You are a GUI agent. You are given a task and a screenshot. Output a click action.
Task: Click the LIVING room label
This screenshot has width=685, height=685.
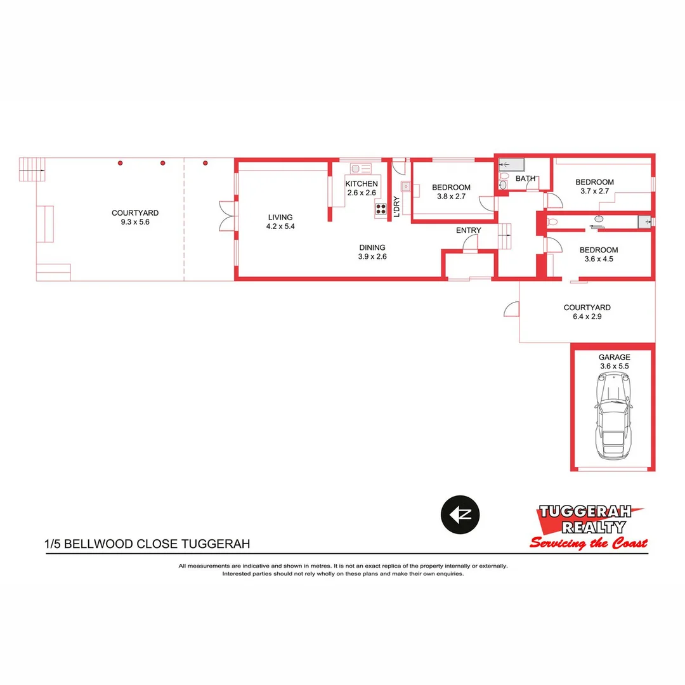coord(280,218)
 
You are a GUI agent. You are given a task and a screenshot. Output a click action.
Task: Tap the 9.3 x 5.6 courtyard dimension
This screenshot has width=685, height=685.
coord(134,222)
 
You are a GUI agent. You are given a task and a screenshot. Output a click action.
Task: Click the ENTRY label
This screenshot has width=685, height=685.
coord(468,230)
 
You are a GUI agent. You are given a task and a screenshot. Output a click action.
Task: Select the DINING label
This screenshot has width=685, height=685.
coord(372,248)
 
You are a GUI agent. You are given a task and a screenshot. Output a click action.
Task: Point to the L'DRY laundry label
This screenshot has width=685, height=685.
coord(396,206)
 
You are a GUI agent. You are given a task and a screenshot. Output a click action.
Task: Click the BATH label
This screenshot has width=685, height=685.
coord(525,179)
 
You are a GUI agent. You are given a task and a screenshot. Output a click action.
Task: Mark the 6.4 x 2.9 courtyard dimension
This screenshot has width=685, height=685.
coord(587,316)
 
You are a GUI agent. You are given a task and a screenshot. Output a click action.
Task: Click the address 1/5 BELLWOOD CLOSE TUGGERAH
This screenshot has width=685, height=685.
coord(147,544)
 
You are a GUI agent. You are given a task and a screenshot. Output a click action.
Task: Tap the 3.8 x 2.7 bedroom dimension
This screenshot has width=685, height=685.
coord(451,197)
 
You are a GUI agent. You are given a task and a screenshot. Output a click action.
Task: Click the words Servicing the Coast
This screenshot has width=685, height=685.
coord(589,543)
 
